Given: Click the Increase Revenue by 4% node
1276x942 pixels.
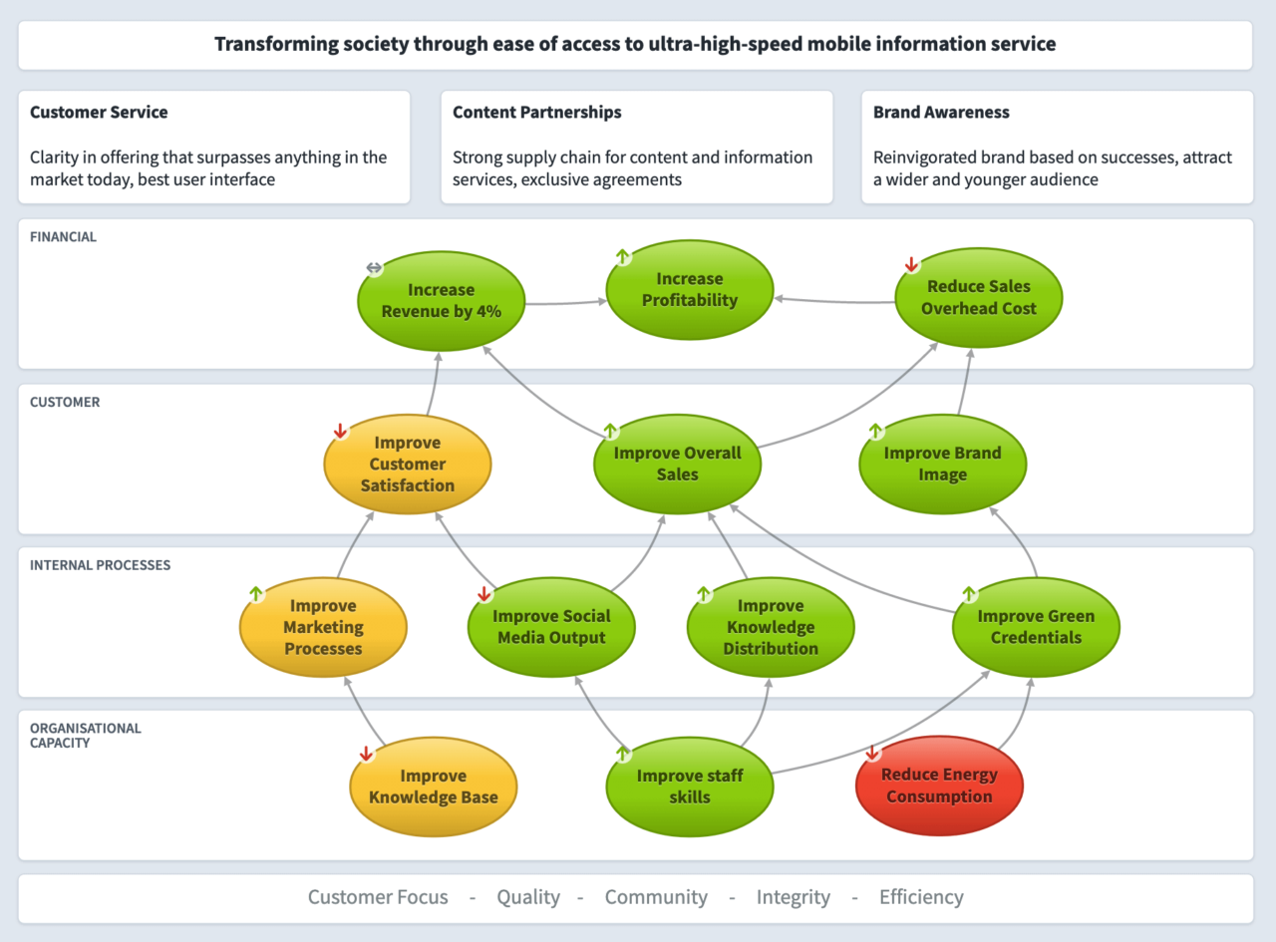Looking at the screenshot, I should (441, 300).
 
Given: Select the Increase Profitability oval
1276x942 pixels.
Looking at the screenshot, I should (689, 289).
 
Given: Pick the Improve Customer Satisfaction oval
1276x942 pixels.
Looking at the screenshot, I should (407, 464).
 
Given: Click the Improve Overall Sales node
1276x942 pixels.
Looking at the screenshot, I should (677, 464).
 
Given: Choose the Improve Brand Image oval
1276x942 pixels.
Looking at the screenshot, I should (942, 464).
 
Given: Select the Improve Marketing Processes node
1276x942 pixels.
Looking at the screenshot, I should (323, 627).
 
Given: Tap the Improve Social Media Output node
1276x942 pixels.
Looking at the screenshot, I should (550, 627).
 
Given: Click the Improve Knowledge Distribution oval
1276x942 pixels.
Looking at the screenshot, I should (770, 627).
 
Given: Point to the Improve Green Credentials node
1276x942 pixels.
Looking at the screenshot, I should (1036, 627).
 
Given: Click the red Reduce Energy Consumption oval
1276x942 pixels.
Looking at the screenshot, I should (939, 785).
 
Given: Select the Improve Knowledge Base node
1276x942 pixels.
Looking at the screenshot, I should (433, 785).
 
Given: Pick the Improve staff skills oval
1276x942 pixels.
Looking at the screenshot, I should (689, 785).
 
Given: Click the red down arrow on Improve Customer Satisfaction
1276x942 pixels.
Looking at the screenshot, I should (340, 432).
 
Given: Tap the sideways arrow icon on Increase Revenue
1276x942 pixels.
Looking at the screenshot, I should (374, 268).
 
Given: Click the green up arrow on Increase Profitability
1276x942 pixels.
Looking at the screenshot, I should (623, 257).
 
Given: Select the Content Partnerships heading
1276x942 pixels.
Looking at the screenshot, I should (536, 113).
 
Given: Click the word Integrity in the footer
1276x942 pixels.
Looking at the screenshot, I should (793, 897).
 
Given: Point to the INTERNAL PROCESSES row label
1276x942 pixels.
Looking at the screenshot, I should (100, 565).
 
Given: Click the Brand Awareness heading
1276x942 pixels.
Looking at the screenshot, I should (941, 113).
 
